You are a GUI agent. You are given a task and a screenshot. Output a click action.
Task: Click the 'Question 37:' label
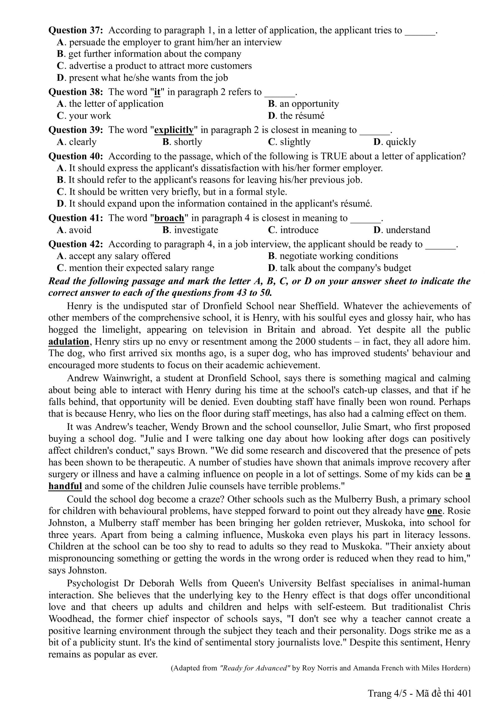tap(75, 30)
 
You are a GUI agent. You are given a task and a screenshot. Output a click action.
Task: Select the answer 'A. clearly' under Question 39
tap(77, 142)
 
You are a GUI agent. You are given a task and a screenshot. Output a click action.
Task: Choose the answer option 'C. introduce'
tap(293, 230)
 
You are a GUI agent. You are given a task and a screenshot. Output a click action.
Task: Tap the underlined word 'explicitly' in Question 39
tap(174, 130)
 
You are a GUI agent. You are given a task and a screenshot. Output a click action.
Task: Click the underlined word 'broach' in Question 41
tap(169, 218)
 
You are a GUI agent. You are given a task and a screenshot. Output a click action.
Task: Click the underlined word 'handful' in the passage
tap(65, 486)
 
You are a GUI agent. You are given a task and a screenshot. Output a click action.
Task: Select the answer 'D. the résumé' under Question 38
tap(296, 116)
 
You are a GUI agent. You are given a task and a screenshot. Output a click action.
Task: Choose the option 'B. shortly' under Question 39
tap(182, 142)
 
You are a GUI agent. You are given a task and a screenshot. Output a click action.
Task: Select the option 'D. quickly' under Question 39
tap(394, 142)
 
